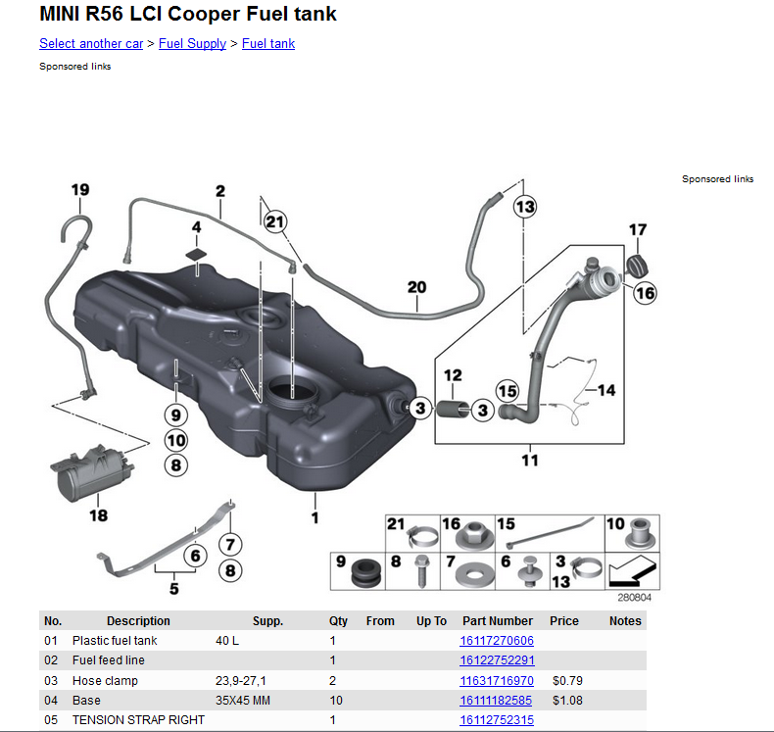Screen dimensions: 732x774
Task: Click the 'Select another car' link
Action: (91, 43)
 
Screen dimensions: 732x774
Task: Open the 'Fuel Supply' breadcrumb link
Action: (192, 43)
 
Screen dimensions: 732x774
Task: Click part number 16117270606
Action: (497, 641)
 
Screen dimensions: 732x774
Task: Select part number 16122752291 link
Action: (497, 660)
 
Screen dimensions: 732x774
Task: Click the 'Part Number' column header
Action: (497, 620)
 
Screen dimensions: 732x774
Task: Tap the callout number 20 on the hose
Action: (417, 287)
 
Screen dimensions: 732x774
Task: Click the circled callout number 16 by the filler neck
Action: (645, 292)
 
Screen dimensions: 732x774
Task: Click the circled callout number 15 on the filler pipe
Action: (507, 392)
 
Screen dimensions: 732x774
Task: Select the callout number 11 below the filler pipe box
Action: (529, 460)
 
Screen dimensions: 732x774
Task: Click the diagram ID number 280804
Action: (634, 596)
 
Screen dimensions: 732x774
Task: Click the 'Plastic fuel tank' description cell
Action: (115, 641)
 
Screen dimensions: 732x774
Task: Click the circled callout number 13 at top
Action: (525, 207)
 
